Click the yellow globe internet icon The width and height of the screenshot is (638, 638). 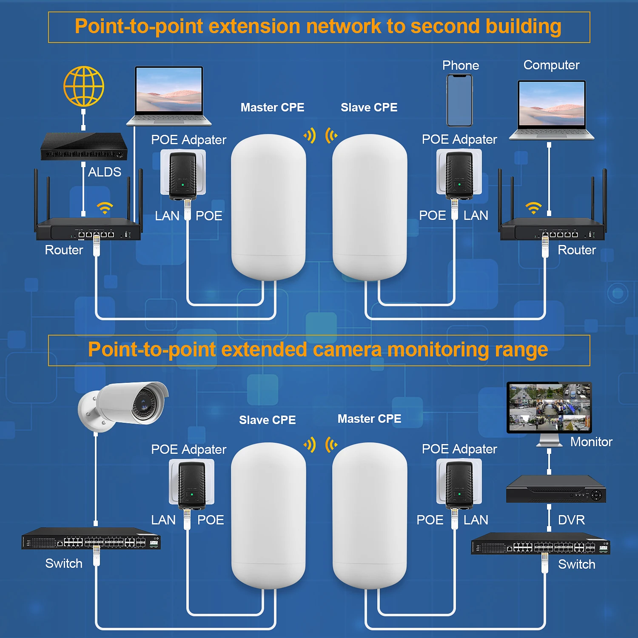(84, 86)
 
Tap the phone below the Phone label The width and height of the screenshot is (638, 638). (459, 100)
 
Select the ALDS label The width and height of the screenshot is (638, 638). (105, 172)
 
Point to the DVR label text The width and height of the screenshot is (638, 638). (571, 520)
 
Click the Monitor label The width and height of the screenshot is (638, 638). (591, 442)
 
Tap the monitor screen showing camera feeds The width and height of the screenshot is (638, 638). (549, 407)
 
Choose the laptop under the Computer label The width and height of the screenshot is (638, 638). (552, 110)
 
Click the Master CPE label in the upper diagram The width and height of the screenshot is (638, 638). (272, 107)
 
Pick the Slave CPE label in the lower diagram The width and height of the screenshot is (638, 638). (267, 420)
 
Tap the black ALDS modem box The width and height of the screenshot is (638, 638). (84, 147)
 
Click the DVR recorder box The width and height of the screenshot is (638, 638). (555, 490)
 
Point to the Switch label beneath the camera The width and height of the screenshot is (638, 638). (64, 564)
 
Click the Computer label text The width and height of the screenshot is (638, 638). (551, 65)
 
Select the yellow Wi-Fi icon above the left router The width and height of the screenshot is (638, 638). (105, 208)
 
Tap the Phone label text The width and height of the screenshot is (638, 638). (461, 66)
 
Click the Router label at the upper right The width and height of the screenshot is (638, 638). (577, 250)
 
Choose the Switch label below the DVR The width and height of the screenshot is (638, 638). (576, 564)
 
